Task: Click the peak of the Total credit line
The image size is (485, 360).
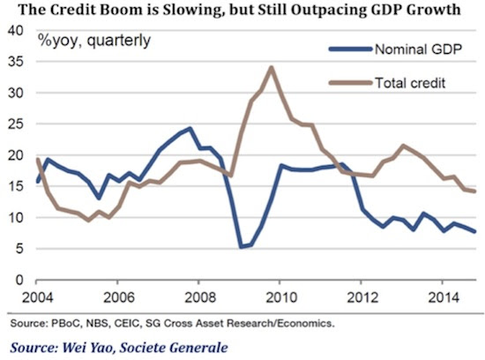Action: [x=272, y=67]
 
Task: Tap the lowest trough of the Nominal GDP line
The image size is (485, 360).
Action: [x=241, y=247]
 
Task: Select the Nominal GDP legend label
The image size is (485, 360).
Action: [x=418, y=49]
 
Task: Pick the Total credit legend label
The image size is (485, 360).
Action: [x=410, y=83]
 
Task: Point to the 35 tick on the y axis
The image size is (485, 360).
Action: [x=16, y=63]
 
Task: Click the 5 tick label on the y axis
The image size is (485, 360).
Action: [x=19, y=249]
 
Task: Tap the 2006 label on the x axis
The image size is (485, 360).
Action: [x=119, y=297]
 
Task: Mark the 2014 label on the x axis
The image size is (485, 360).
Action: [x=444, y=297]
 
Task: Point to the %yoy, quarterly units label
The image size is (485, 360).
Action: [x=94, y=41]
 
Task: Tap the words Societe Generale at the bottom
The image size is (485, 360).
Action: [x=174, y=348]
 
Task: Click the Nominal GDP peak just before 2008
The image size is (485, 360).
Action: [x=190, y=129]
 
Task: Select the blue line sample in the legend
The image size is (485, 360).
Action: [x=350, y=49]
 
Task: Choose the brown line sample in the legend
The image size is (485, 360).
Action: [x=350, y=83]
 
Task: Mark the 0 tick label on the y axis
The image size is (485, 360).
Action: [x=19, y=280]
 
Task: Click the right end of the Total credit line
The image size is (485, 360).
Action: [x=474, y=191]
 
